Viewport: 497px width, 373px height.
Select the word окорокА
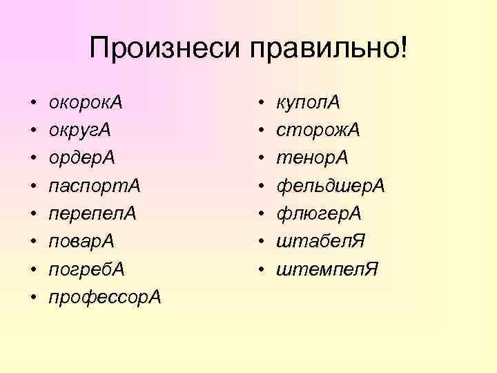[86, 103]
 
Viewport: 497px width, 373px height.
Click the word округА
[80, 131]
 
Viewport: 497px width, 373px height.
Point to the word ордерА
[82, 158]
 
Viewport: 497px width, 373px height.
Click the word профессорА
[104, 296]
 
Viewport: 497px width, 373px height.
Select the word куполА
[308, 103]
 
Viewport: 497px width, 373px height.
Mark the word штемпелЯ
[327, 269]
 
